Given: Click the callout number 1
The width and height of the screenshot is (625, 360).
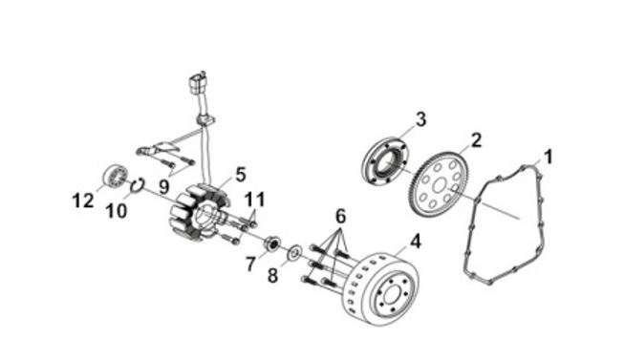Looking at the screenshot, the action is tap(549, 157).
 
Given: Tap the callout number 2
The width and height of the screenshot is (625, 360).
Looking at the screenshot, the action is tap(476, 140).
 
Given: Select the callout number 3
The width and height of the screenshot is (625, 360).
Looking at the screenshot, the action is tap(420, 119).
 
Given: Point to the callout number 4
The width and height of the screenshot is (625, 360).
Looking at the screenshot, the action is tap(416, 242).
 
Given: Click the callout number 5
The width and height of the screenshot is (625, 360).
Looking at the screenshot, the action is tap(241, 175).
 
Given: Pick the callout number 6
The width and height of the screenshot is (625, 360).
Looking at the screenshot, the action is tap(340, 217).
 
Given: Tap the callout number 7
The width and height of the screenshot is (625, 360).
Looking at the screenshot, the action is tap(250, 264).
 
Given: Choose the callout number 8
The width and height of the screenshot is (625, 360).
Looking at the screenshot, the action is tap(272, 276).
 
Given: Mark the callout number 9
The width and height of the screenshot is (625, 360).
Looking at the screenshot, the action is tap(164, 187).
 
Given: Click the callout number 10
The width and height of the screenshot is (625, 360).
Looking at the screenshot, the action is tap(117, 211).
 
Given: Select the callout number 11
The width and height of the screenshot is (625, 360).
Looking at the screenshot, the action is tap(255, 200).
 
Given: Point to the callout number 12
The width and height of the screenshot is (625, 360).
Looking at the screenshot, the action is tap(83, 201).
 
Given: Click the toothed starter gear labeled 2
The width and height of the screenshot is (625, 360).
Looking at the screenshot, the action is tap(440, 185).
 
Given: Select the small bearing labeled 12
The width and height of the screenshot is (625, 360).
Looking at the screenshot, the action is tap(116, 177).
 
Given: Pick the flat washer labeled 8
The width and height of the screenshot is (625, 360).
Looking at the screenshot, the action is tap(295, 252).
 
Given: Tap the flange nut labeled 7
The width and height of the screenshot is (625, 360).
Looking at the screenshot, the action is tap(272, 244).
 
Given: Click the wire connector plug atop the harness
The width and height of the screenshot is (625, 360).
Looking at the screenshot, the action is tap(197, 83).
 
